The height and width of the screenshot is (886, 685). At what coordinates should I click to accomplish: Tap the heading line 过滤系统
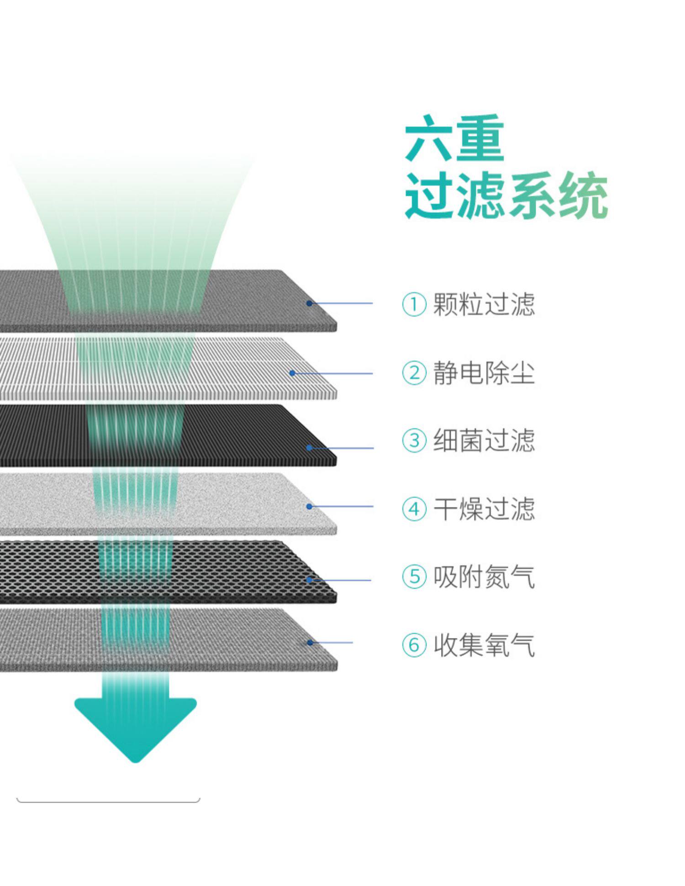pos(506,195)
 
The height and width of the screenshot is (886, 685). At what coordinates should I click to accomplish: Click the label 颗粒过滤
pos(484,304)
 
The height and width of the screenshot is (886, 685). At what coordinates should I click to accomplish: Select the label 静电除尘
pos(484,373)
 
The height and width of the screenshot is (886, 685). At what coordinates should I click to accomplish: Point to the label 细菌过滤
pos(484,440)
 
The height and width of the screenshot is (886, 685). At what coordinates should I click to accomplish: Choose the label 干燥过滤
pos(484,509)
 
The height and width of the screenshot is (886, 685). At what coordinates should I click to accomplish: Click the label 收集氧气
pos(484,645)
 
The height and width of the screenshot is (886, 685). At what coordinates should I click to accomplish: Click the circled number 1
pos(414,304)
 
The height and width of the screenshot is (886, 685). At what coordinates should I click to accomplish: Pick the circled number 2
pos(414,373)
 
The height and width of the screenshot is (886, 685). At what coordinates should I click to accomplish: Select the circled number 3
pos(414,441)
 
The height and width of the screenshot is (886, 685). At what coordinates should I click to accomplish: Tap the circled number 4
pos(414,509)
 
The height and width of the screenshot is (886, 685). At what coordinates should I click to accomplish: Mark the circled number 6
pos(414,645)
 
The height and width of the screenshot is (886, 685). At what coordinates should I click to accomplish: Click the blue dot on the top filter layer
pos(309,303)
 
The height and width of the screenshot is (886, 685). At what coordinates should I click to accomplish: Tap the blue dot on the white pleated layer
pos(292,374)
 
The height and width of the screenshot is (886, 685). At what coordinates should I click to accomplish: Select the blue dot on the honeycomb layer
pos(309,580)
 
